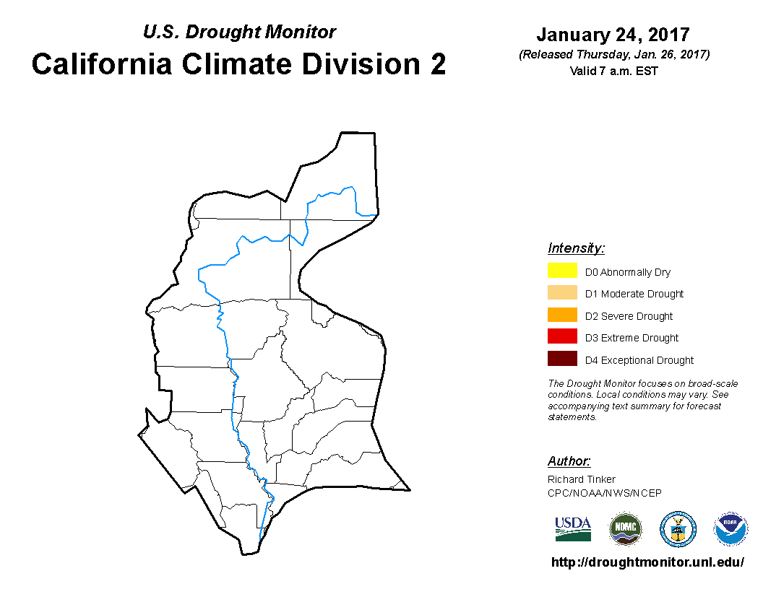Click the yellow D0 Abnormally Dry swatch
click(x=562, y=270)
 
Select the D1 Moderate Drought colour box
click(x=562, y=292)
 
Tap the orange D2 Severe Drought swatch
click(x=562, y=315)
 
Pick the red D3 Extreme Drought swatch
click(x=562, y=336)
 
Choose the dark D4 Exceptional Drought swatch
click(x=562, y=359)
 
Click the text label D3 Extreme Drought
click(x=631, y=338)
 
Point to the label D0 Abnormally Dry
click(x=628, y=272)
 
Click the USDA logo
click(x=573, y=529)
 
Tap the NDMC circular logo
click(x=626, y=529)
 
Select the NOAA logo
click(x=730, y=529)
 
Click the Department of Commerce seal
click(x=678, y=529)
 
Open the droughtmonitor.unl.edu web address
click(x=647, y=562)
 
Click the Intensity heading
click(x=576, y=248)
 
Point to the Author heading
click(x=569, y=461)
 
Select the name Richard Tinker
click(x=582, y=479)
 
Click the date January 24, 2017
click(x=613, y=35)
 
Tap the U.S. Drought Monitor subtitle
click(x=239, y=32)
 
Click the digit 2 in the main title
click(x=438, y=64)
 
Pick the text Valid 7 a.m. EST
click(x=613, y=71)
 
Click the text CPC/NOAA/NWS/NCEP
click(x=604, y=493)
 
